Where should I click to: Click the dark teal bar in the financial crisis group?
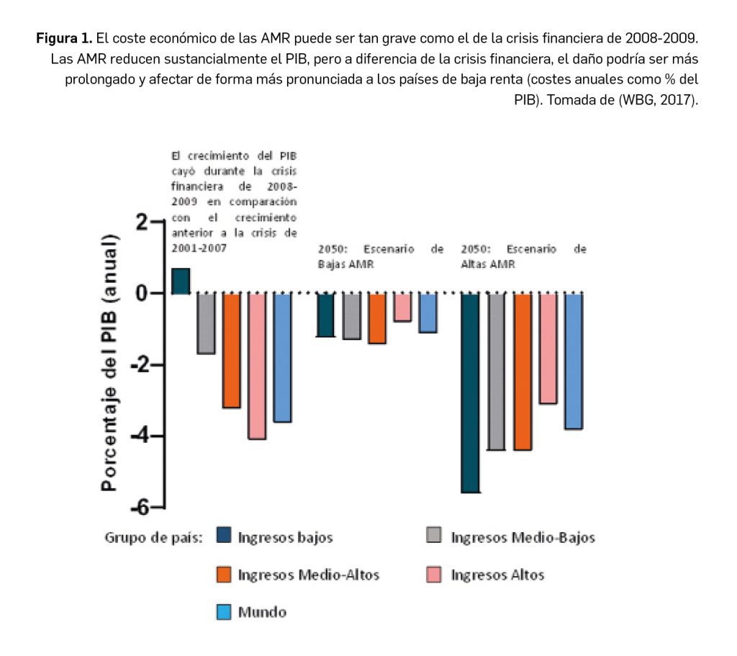point(181,281)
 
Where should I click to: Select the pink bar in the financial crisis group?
point(257,365)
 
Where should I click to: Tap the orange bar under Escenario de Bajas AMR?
point(377,318)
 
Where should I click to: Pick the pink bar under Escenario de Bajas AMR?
point(402,307)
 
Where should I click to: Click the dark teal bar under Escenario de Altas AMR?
point(470,392)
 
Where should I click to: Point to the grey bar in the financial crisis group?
point(206,323)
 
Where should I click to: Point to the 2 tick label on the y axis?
point(142,222)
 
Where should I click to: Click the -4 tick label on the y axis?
point(138,436)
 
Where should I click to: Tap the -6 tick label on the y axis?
point(138,507)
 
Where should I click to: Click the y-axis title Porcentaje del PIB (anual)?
point(109,362)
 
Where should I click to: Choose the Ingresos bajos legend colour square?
point(224,536)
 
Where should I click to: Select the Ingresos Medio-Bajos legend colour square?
point(434,536)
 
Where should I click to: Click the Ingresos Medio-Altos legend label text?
point(308,575)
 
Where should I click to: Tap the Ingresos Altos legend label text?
point(497,575)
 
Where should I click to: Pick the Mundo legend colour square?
point(224,613)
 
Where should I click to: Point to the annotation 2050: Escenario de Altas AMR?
point(523,256)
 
